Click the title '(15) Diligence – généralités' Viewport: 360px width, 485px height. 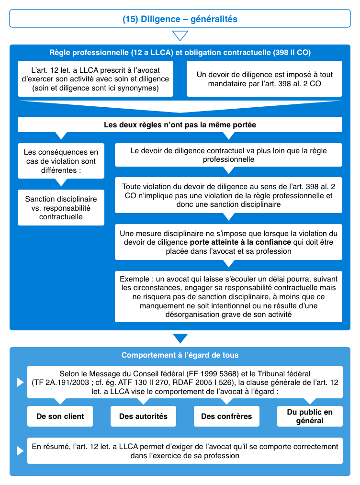point(180,19)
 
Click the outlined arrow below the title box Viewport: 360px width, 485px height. point(180,36)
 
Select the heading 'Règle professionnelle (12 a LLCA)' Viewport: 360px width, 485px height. point(180,52)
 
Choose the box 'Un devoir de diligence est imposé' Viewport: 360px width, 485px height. point(264,79)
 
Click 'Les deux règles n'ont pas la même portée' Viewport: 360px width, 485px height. point(180,124)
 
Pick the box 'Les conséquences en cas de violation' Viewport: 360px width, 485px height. point(61,161)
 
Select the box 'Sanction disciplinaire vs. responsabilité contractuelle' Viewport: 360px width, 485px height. point(61,207)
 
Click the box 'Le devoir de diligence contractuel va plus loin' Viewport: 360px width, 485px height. point(228,155)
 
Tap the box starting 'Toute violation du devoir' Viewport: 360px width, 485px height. point(228,195)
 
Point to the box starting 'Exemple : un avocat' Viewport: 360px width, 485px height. point(228,297)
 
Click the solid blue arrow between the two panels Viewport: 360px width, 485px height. point(180,338)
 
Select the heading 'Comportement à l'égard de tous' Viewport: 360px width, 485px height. point(180,355)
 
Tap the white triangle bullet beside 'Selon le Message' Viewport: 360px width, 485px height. point(20,382)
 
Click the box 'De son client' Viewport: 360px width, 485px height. point(60,416)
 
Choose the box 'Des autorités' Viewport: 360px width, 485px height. point(143,416)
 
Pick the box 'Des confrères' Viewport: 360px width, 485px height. point(226,416)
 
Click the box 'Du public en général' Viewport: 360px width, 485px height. point(310,416)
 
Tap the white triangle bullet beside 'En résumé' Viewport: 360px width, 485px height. point(20,451)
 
